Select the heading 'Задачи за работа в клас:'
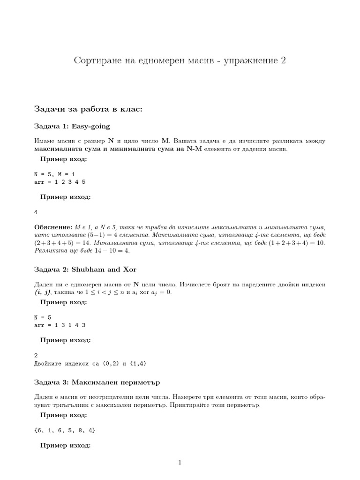point(88,109)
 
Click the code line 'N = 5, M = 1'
point(55,173)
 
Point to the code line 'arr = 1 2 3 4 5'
point(60,181)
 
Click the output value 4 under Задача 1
point(36,212)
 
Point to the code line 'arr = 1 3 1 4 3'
point(60,324)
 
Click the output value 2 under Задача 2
point(36,355)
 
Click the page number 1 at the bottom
point(180,463)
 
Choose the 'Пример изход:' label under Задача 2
point(65,340)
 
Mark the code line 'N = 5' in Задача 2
point(43,317)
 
